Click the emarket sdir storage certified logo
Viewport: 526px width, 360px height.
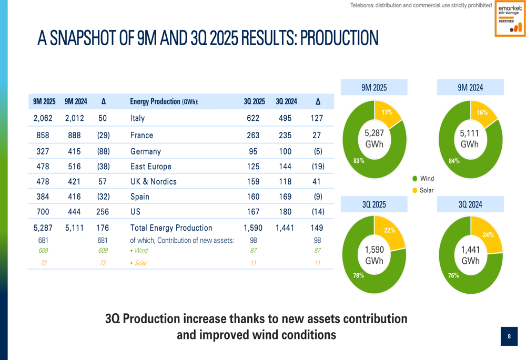510,19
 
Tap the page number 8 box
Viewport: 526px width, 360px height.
509,336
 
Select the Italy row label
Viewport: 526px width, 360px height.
137,118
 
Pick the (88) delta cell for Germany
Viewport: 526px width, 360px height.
103,151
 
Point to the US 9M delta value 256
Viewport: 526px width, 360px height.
103,212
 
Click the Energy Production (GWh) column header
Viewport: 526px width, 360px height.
164,101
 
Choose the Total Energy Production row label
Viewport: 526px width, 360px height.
171,228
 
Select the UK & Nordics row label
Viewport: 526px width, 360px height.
153,181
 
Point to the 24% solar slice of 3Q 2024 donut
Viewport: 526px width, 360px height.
487,234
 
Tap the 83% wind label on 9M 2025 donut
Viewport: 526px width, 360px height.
359,161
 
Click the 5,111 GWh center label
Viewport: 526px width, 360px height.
469,138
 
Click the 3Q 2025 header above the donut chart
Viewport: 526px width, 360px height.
374,204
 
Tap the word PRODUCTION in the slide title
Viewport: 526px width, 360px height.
339,38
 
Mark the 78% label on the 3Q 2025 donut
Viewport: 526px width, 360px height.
359,275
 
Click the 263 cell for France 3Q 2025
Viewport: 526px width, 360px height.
253,135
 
